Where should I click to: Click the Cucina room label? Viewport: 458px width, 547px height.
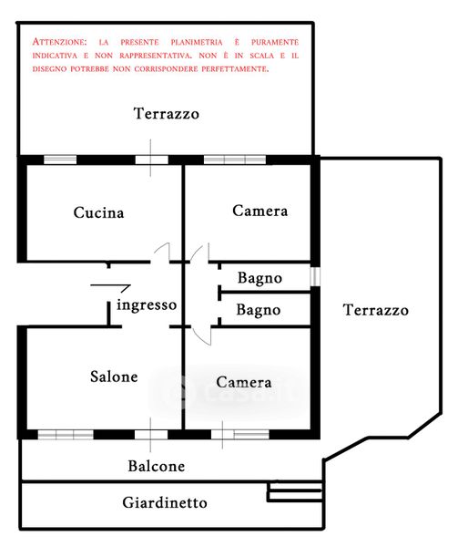pos(98,212)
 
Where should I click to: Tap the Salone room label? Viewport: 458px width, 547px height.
pos(114,377)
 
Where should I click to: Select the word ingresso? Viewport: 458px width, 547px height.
pos(147,304)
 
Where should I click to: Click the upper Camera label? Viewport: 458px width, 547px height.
pos(260,211)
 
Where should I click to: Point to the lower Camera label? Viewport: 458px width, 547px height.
pos(243,382)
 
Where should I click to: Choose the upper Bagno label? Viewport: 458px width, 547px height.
pos(260,278)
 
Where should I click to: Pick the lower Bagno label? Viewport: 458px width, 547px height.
pos(258,310)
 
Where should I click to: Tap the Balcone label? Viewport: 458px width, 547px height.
pos(156,466)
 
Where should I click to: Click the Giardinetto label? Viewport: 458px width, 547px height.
pos(165,502)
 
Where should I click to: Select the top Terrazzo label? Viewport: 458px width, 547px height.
pos(166,114)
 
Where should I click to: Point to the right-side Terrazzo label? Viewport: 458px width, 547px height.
pos(375,310)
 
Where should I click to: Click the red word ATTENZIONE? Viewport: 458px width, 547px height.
pos(59,42)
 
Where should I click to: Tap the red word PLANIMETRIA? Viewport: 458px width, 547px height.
pos(197,42)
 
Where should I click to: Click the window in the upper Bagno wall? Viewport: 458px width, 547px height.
pos(315,276)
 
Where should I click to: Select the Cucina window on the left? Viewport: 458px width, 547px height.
pos(60,160)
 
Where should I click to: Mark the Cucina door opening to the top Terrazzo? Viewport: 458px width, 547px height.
pos(151,160)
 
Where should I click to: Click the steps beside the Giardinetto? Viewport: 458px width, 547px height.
pos(295,492)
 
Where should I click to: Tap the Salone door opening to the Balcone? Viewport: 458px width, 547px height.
pos(151,435)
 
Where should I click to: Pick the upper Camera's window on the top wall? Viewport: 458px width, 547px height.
pos(235,160)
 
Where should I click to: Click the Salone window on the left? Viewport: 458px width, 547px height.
pos(66,435)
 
